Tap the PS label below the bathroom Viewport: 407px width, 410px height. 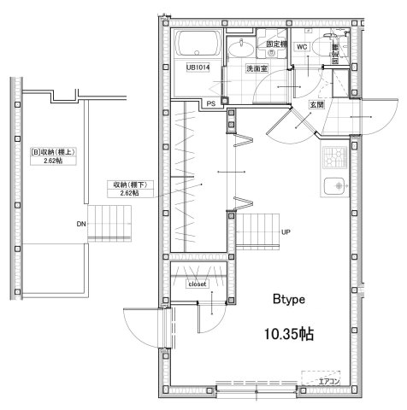pos(211,103)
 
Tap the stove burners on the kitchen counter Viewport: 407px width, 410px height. pos(333,158)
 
